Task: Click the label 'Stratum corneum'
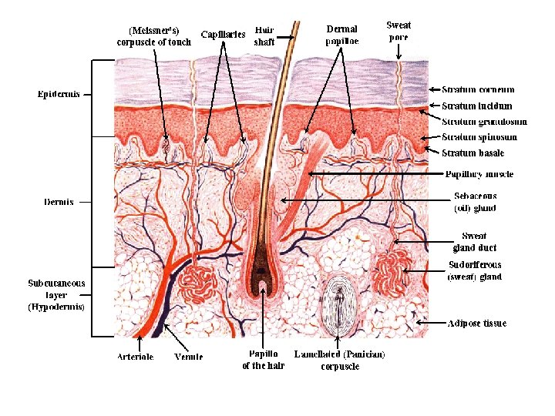478,90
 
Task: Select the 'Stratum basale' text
473,153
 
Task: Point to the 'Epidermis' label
59,94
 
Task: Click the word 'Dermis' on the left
59,202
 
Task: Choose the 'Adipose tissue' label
477,323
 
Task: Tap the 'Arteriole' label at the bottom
136,357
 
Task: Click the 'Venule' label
189,357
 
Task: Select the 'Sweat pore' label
398,31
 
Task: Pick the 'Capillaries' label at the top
223,34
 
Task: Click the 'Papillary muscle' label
479,175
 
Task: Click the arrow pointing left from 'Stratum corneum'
434,90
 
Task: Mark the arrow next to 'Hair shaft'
287,35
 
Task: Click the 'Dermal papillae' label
342,35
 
